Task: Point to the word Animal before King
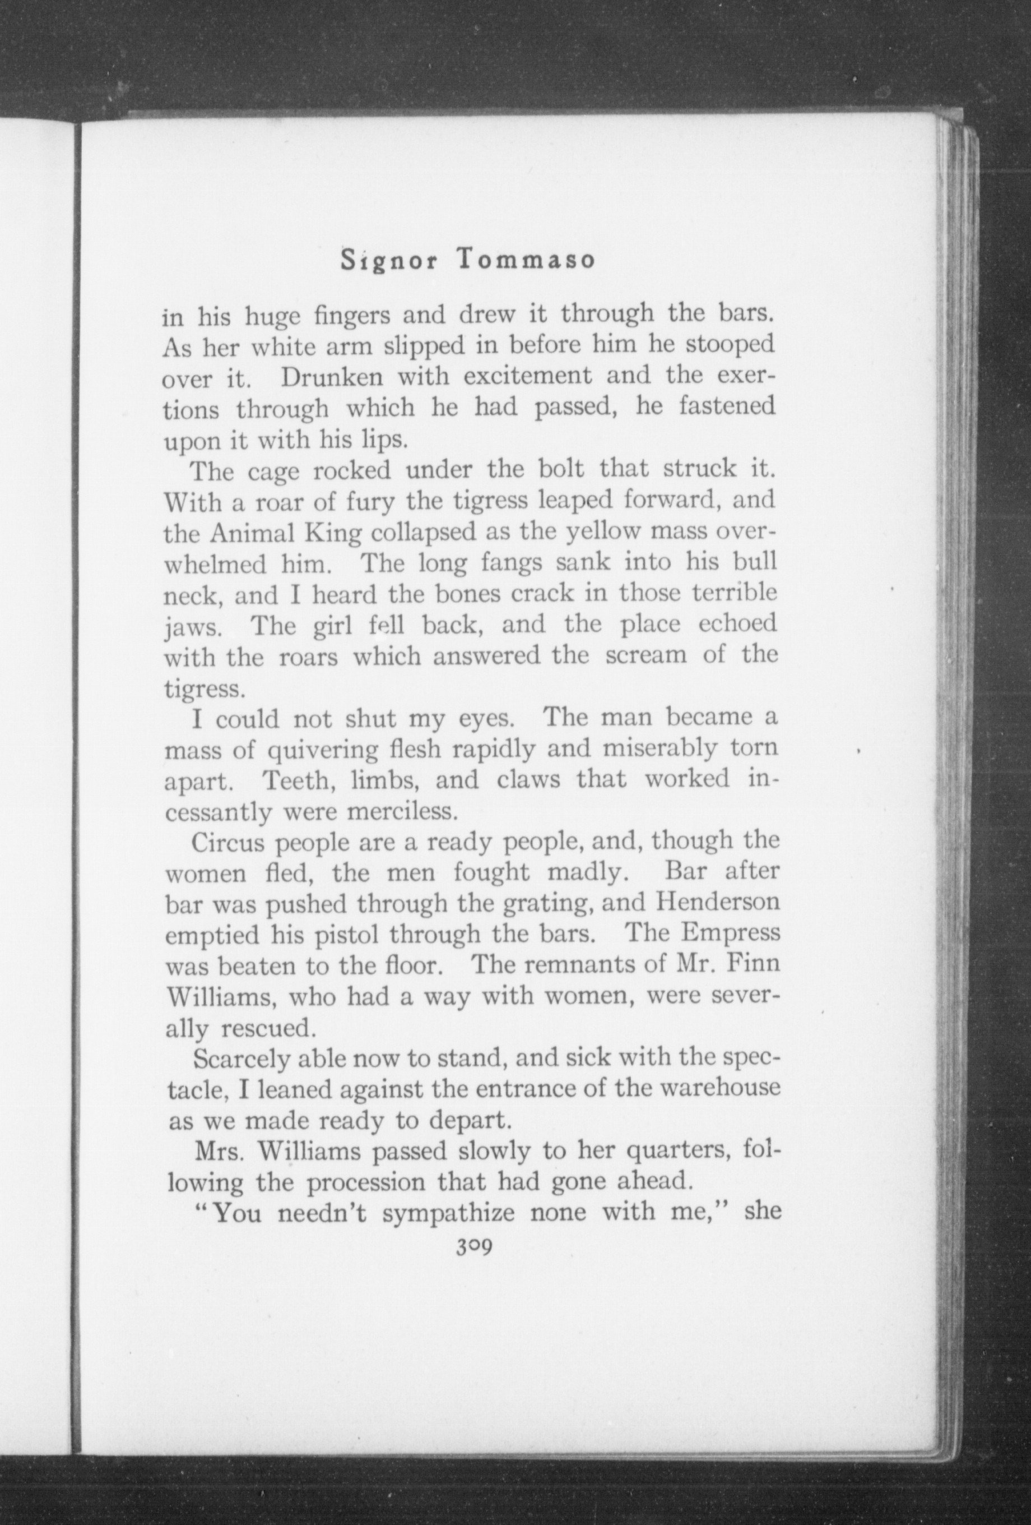(254, 534)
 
